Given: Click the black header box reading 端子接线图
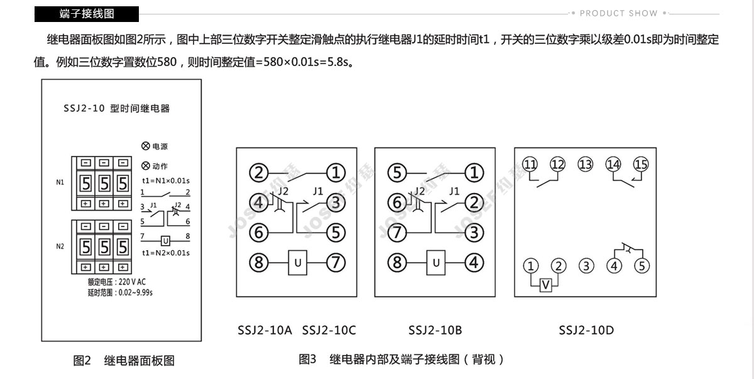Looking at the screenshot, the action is point(87,14).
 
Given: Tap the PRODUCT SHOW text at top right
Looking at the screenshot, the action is point(619,13).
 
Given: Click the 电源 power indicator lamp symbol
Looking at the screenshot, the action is point(145,146).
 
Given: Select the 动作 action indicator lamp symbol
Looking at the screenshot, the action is point(145,165).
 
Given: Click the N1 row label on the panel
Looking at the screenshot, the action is point(60,182).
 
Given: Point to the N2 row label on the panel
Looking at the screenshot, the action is point(60,246).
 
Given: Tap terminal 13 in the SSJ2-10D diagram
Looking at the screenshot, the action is point(586,164).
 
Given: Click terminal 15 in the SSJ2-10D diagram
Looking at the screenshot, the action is point(640,164).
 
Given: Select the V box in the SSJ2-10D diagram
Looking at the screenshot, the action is point(545,285).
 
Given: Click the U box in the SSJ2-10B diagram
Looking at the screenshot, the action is point(436,263).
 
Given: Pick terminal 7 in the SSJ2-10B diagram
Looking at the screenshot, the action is point(397,233).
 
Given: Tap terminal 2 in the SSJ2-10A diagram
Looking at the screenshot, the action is point(258,173).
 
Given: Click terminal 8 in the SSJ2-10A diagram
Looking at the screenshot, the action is point(258,263).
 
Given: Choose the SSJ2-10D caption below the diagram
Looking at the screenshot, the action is point(586,330).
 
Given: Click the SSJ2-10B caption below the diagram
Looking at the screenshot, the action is point(435,330).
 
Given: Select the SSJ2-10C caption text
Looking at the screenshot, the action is point(329,330).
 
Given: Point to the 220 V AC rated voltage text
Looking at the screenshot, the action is point(132,282).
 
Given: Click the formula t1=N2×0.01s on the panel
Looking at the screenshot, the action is point(166,253).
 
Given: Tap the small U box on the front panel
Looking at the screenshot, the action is point(165,241).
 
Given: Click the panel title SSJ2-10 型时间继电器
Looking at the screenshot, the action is point(116,108).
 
